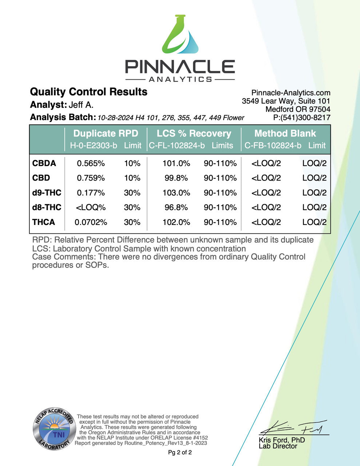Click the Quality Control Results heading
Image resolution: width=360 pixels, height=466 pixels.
point(88,92)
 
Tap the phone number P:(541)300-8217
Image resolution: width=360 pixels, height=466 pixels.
point(302,118)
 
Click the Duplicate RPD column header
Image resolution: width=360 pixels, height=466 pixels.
point(106,134)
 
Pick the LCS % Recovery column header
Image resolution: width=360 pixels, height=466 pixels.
point(194,134)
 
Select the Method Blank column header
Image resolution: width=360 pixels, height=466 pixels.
point(285,134)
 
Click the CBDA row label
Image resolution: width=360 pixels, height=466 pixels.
point(44,163)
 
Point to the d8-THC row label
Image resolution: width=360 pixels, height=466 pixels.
point(47,208)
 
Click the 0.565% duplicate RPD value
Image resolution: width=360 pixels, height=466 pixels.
point(91,163)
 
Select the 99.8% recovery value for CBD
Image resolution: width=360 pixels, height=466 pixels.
point(176,178)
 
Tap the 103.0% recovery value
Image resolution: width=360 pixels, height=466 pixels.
point(176,193)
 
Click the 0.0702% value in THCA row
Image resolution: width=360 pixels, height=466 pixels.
point(91,222)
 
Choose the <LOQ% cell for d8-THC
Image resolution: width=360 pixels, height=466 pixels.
point(91,208)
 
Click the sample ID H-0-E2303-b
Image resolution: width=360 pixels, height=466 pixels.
point(94,146)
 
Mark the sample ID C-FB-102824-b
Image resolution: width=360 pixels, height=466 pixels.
point(273,146)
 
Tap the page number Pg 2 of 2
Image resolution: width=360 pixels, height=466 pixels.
point(180,453)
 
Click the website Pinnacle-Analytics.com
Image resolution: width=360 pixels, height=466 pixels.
point(291,93)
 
